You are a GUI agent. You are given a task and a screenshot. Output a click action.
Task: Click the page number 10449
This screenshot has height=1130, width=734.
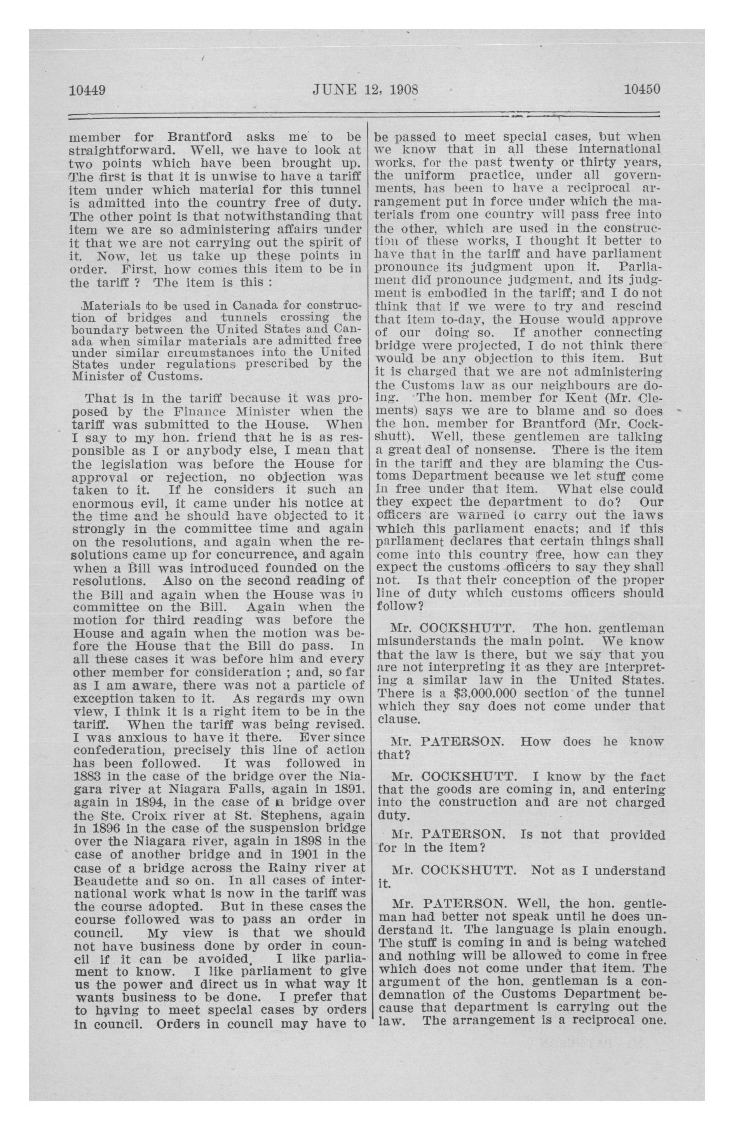click(x=87, y=89)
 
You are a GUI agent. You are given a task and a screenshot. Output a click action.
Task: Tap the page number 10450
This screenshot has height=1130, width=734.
click(x=642, y=89)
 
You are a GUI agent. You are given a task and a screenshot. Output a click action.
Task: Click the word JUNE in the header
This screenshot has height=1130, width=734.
click(x=331, y=89)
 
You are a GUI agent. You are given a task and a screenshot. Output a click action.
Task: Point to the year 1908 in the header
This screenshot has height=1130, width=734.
click(x=403, y=89)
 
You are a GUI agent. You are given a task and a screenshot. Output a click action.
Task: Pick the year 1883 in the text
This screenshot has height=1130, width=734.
click(x=86, y=776)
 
